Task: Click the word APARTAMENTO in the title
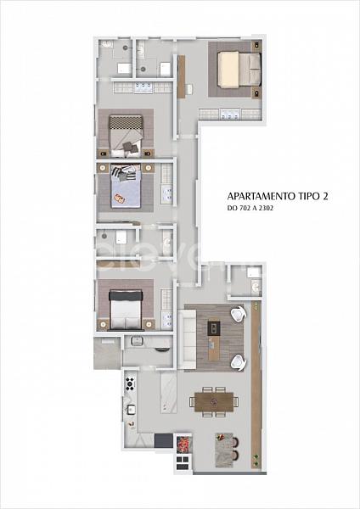tap(261, 197)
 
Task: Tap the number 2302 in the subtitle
tap(266, 208)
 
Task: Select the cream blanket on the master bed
tap(229, 70)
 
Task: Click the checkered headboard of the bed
tap(126, 122)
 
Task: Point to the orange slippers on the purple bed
tap(119, 198)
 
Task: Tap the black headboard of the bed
tap(126, 295)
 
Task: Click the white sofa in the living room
tap(188, 339)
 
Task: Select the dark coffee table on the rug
tap(214, 328)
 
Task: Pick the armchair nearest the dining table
tap(239, 362)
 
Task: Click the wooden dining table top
tap(214, 402)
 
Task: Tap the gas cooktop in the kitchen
tap(130, 383)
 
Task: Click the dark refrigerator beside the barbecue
tap(163, 440)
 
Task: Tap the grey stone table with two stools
tap(224, 450)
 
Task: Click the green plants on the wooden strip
tap(256, 458)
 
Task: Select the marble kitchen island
tap(169, 392)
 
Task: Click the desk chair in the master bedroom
tap(188, 88)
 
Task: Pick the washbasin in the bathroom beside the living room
tap(256, 286)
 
